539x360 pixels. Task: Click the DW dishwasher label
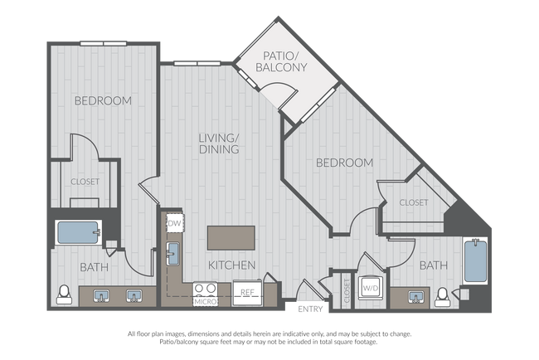(x=174, y=223)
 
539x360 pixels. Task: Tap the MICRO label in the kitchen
(x=206, y=302)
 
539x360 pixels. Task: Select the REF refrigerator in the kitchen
(x=247, y=293)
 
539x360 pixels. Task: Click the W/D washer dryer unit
(x=371, y=288)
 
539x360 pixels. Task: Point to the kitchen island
(x=231, y=238)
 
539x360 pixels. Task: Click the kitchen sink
(x=172, y=254)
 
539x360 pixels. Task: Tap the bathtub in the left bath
(x=79, y=233)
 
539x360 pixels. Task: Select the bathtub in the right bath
(x=475, y=261)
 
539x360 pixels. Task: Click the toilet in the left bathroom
(x=65, y=294)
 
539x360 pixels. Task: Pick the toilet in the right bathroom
(x=443, y=297)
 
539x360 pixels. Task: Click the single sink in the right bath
(x=416, y=297)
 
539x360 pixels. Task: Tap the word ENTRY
(x=310, y=309)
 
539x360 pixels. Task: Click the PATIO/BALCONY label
(x=281, y=61)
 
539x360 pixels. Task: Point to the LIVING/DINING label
(x=219, y=144)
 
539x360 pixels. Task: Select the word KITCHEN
(x=231, y=265)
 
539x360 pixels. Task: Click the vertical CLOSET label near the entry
(x=347, y=291)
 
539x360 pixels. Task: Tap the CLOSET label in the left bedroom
(x=85, y=182)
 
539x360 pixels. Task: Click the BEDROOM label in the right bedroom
(x=344, y=163)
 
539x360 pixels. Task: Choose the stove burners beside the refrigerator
(x=205, y=289)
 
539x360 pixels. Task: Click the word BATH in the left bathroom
(x=94, y=267)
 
